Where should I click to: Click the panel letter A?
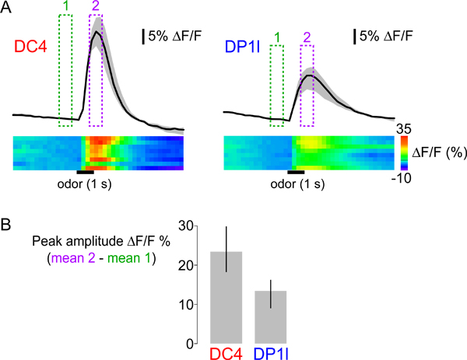point(6,7)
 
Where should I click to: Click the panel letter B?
point(6,225)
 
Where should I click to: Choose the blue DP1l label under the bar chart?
point(270,352)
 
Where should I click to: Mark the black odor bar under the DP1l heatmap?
point(296,171)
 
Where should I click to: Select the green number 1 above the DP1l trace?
point(276,37)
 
